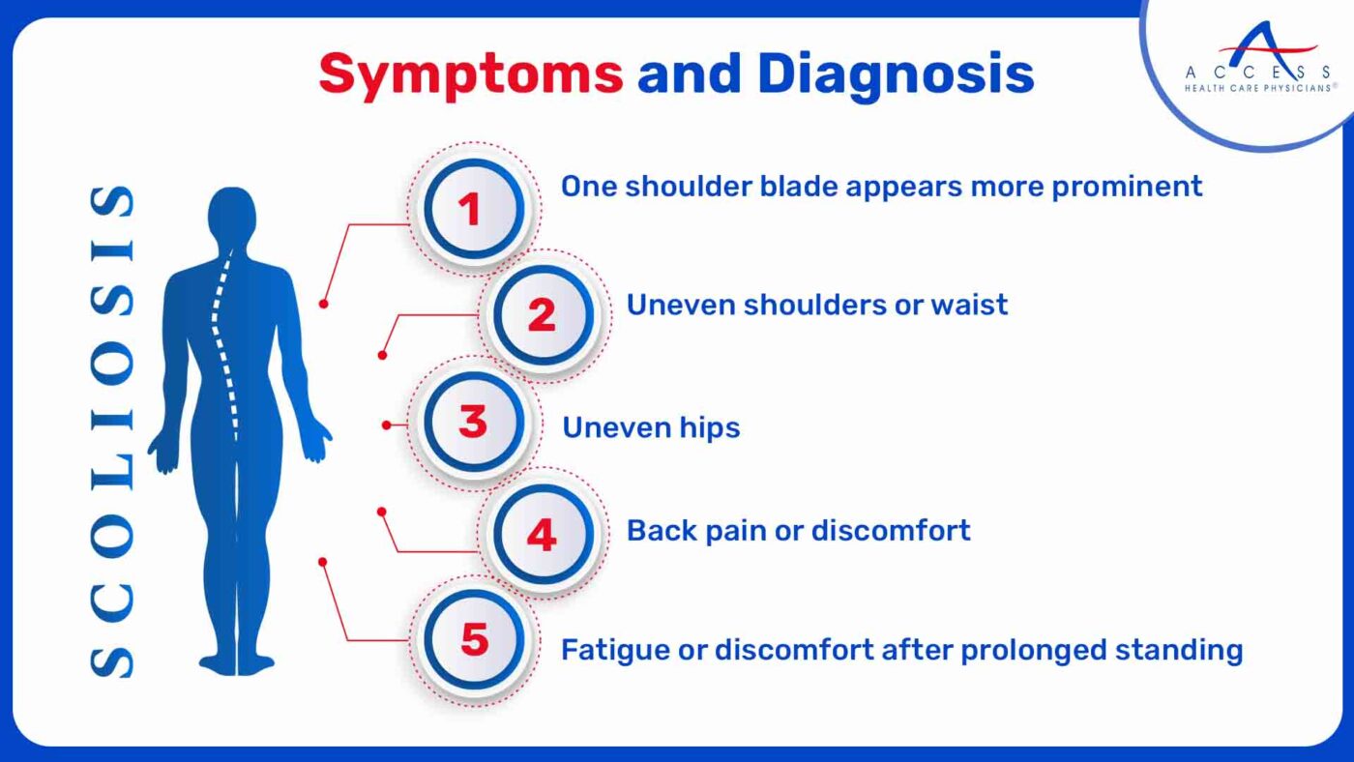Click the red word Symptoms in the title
tap(470, 73)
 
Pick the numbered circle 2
tap(542, 315)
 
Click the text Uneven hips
tap(651, 427)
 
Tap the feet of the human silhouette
tap(237, 664)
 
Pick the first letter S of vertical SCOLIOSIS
tap(113, 659)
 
